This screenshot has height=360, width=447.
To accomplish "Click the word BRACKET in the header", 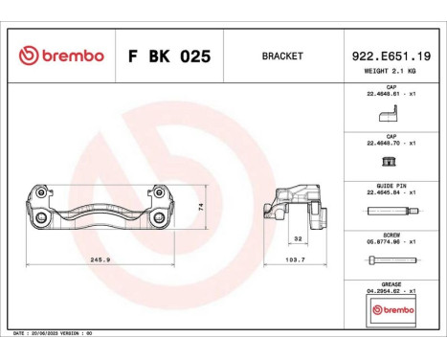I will point(282,56).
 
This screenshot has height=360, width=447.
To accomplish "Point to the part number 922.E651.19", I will point(391,56).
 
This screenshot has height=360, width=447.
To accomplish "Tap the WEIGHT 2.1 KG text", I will point(391,72).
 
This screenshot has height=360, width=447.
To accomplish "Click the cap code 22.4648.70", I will point(389,144).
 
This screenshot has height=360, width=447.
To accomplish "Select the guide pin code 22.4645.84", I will point(389,193).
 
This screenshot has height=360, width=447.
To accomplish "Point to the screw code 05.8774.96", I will point(389,243).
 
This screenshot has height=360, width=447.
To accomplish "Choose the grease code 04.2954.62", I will point(389,291).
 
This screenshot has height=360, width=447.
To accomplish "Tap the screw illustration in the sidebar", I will point(391,263).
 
